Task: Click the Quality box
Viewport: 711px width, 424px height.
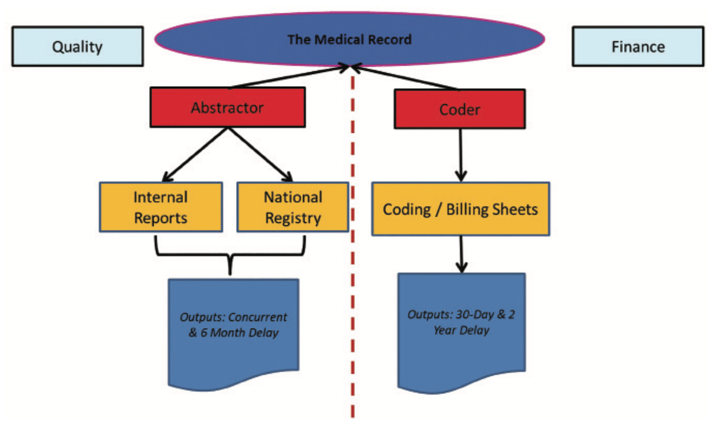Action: [x=77, y=47]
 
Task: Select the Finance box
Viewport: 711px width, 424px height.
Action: [x=638, y=47]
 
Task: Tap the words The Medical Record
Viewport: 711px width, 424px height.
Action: [x=349, y=40]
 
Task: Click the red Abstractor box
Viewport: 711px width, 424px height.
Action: [x=227, y=107]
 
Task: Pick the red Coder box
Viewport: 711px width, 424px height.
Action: [x=460, y=109]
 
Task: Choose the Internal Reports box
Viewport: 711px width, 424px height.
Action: [x=161, y=207]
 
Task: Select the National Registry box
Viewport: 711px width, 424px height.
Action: [x=293, y=207]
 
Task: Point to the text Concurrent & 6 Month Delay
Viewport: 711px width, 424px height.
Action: [x=234, y=325]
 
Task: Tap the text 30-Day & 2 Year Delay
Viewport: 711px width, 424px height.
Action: [x=461, y=322]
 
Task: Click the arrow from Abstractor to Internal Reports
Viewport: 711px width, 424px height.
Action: [x=195, y=154]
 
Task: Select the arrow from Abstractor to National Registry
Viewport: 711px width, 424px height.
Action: [x=260, y=154]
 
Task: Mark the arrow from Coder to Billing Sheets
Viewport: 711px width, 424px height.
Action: [x=461, y=154]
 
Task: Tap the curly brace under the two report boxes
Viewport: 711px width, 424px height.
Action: [x=230, y=255]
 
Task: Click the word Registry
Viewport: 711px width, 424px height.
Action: [x=293, y=218]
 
